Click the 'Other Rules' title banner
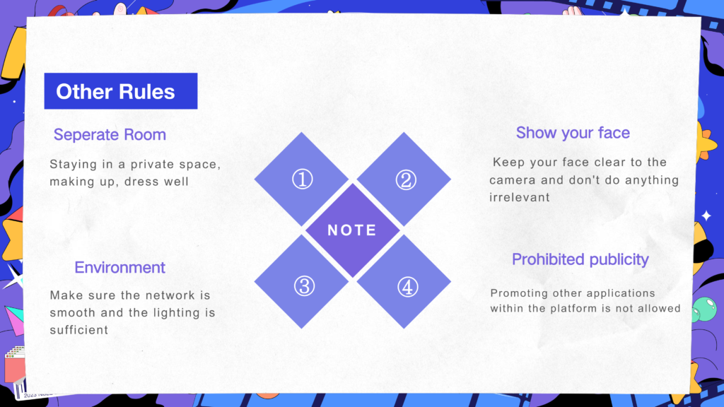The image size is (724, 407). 120,91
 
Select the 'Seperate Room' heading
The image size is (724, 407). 110,135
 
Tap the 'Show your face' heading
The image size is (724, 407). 573,133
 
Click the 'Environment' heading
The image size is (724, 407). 119,268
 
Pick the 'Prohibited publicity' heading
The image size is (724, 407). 580,260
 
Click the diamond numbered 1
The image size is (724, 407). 301,179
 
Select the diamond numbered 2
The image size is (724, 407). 404,179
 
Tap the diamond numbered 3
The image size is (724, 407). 301,281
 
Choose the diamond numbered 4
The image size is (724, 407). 404,281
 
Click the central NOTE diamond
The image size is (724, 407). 353,230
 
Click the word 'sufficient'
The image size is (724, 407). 79,330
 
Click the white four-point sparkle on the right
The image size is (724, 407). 706,216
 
